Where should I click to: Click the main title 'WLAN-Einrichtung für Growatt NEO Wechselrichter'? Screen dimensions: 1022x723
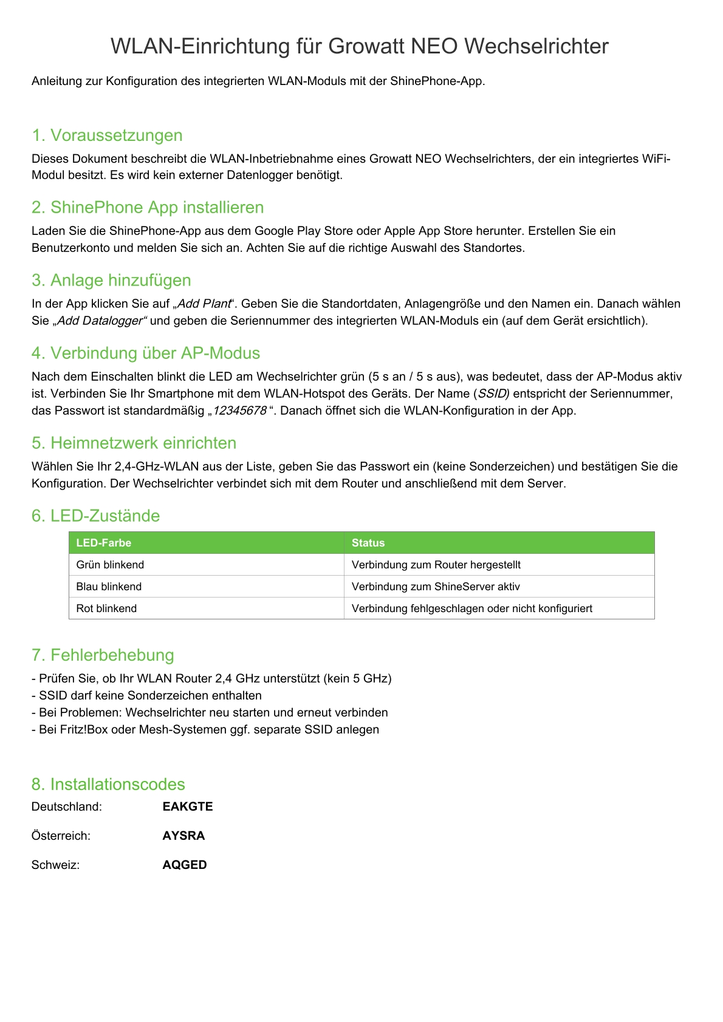click(359, 46)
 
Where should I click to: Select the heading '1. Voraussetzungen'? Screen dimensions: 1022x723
click(107, 135)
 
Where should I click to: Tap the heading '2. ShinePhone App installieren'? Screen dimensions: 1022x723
click(148, 208)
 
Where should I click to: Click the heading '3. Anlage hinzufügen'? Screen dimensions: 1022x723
click(111, 281)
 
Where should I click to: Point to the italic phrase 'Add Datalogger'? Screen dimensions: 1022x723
click(100, 321)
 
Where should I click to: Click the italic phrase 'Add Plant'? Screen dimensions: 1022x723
click(204, 304)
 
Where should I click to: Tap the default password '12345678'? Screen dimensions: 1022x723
click(239, 411)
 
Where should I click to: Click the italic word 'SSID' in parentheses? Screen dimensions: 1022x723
click(493, 393)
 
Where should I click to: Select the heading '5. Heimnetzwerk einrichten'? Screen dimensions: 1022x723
click(134, 443)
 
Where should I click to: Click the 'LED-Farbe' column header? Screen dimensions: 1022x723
click(104, 543)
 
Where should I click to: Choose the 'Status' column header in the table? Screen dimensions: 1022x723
click(368, 543)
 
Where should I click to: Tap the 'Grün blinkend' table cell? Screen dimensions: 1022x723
click(111, 565)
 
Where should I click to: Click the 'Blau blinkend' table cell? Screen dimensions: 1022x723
click(109, 587)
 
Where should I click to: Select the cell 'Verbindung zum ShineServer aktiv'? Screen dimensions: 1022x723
click(436, 587)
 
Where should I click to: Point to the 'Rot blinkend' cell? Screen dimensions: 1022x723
click(106, 608)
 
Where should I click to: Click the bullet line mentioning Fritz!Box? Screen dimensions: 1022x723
click(205, 730)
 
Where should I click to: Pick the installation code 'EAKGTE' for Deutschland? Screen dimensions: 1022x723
click(188, 807)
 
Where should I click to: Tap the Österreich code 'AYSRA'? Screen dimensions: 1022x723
click(183, 836)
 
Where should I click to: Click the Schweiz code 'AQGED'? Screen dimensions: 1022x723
click(185, 865)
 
